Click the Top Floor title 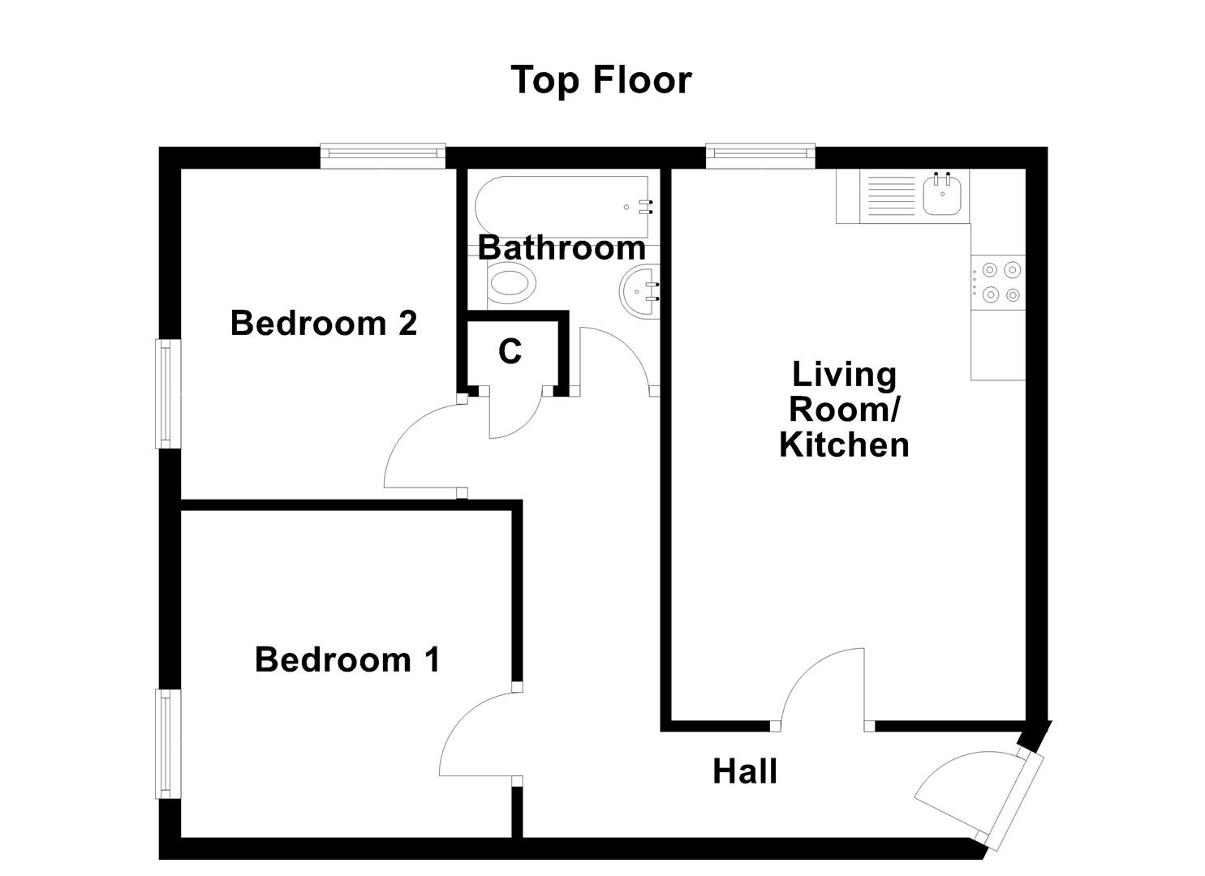click(x=601, y=80)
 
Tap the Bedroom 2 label click(x=323, y=323)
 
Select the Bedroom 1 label click(x=347, y=659)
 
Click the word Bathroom click(x=562, y=247)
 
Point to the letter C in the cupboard click(x=510, y=352)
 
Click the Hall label click(x=745, y=771)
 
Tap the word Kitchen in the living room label click(x=844, y=445)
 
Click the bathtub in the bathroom click(x=562, y=207)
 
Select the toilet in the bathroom click(x=512, y=286)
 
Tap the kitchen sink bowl click(x=943, y=195)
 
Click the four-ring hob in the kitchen click(x=999, y=281)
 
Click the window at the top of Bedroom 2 click(x=383, y=156)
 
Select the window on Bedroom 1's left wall click(x=168, y=744)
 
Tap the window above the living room click(x=760, y=156)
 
